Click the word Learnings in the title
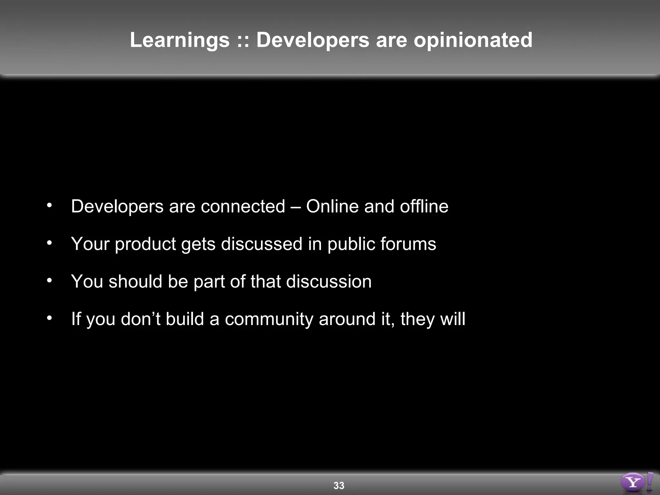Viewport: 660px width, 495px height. pos(180,40)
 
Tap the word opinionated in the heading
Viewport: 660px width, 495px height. pos(473,40)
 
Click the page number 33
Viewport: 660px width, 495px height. pos(339,485)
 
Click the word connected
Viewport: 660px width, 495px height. pos(243,206)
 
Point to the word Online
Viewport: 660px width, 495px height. pos(332,206)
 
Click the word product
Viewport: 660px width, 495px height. pos(145,244)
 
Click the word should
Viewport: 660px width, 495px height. pos(135,281)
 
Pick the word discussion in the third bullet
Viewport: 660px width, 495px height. pos(329,281)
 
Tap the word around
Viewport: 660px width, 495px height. pos(347,319)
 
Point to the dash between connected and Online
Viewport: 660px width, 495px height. pos(296,207)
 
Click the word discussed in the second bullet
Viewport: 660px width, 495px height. pos(261,244)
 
